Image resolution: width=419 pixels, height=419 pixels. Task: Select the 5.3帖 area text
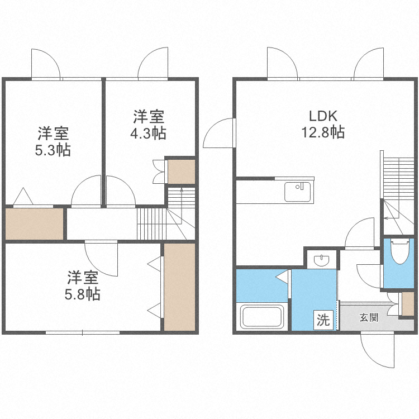coord(54,150)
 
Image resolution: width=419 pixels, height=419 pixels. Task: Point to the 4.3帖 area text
coord(148,134)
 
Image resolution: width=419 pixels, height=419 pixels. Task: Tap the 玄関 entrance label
coord(369,317)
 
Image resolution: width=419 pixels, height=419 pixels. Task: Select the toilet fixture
coord(399,253)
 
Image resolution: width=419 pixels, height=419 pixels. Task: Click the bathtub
coord(263,317)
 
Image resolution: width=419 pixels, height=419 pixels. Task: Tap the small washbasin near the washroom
coord(322,260)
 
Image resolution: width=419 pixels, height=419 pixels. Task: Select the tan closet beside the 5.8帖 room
coord(179,287)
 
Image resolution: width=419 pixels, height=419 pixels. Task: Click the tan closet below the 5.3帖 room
coord(34,223)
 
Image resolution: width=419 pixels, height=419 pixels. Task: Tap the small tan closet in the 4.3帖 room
coord(182,172)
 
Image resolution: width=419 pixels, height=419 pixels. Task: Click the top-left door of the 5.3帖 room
coord(46,64)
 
